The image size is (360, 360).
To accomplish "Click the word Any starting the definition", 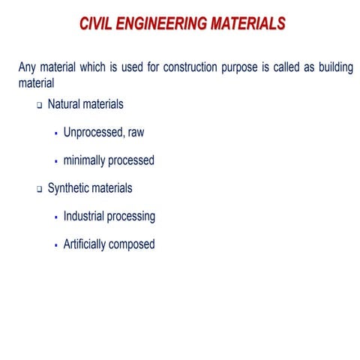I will pos(27,68).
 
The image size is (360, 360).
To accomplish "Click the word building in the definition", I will pos(332,68).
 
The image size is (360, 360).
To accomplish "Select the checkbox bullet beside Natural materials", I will pos(40,106).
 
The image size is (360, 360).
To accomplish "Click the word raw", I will pos(135,133).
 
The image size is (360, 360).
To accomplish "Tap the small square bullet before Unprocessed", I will pos(56,133).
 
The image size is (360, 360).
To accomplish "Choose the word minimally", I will pos(88,160).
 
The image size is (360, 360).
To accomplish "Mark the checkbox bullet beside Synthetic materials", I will pos(40,190).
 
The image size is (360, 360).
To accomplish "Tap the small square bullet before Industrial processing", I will pos(56,217).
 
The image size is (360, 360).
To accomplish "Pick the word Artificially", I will pos(90,244).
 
